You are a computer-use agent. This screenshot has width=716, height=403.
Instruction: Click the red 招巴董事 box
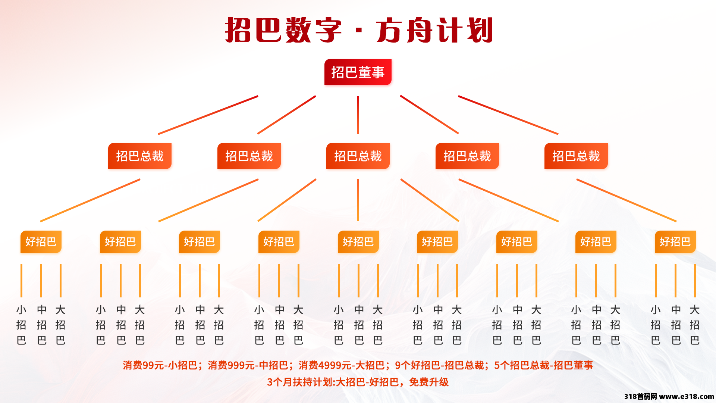point(358,72)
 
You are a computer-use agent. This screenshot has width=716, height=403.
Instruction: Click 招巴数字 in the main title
point(283,30)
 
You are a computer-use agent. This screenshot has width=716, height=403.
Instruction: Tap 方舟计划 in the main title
point(435,30)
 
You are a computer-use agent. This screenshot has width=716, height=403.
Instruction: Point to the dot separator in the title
point(359,30)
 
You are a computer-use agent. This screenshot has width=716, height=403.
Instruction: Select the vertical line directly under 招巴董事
point(358,115)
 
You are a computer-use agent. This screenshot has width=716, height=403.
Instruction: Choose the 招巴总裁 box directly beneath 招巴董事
point(358,156)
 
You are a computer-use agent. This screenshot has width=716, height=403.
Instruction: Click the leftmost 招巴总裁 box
point(140,156)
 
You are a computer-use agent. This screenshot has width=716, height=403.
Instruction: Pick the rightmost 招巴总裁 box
point(576,156)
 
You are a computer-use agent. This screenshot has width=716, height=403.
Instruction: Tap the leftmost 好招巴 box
point(41,242)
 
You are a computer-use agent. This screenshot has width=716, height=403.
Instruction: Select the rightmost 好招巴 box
point(675,242)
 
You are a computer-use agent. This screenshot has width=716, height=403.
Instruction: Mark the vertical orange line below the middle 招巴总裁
point(358,200)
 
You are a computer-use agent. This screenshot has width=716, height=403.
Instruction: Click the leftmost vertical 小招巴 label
point(21,325)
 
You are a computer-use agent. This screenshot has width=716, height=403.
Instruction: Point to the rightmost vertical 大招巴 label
point(694,325)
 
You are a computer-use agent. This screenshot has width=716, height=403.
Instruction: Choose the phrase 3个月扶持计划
point(300,382)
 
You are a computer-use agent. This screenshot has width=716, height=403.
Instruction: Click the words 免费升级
point(429,382)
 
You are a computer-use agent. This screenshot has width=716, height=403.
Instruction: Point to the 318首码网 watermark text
point(641,397)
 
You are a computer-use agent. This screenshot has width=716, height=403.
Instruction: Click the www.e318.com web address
point(687,397)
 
